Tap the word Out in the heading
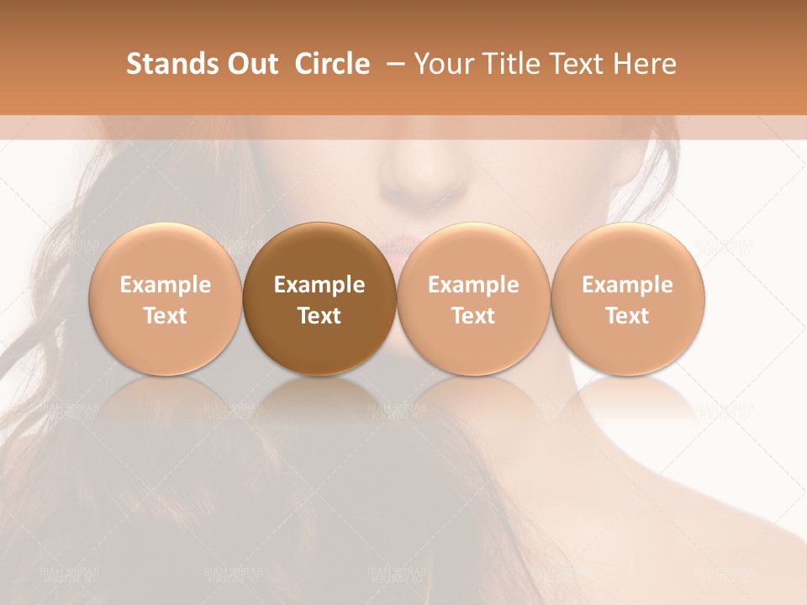[251, 64]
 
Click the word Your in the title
[441, 64]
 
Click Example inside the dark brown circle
[319, 285]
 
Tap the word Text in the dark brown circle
[319, 316]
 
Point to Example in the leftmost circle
[165, 285]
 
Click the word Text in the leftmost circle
[165, 316]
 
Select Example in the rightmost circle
[627, 285]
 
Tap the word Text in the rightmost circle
[627, 316]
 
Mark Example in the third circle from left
[473, 285]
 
